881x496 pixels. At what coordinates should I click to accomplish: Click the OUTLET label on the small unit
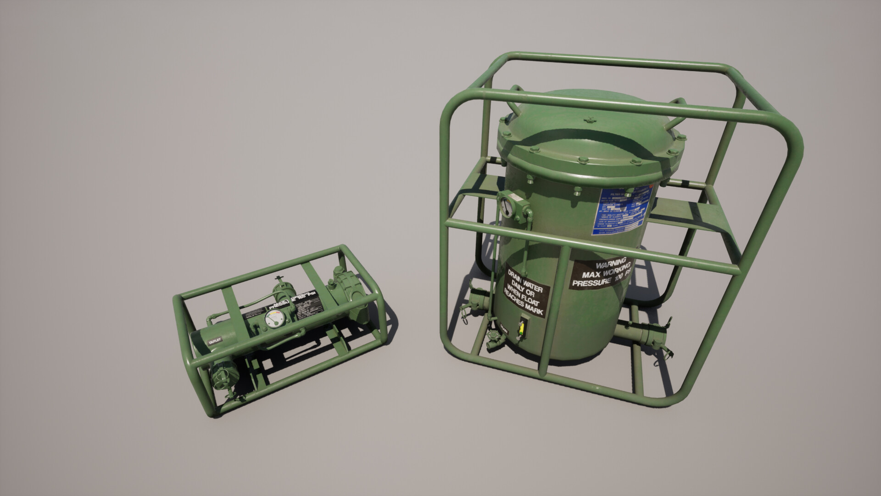pyautogui.click(x=215, y=341)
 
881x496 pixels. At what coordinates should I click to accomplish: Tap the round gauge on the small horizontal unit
pyautogui.click(x=275, y=319)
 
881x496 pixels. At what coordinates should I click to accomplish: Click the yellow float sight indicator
pyautogui.click(x=521, y=328)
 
